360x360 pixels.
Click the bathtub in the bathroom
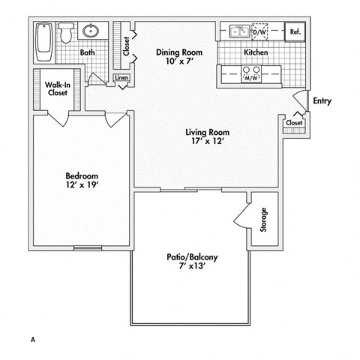[43, 43]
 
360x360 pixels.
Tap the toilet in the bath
[66, 32]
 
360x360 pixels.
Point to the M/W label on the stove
[251, 76]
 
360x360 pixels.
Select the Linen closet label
[121, 77]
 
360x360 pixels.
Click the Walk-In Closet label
[57, 89]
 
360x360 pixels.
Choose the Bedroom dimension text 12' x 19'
[79, 182]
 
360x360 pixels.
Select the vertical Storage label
[263, 219]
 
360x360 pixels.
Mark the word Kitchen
[257, 53]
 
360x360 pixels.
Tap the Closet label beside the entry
[294, 122]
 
